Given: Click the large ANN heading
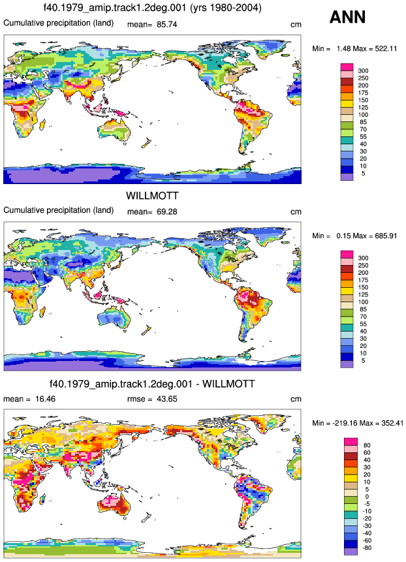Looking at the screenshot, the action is click(347, 17).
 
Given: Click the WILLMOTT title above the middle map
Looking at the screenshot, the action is click(152, 196).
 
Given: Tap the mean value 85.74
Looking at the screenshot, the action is click(167, 24).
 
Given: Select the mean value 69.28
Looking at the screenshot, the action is click(167, 212).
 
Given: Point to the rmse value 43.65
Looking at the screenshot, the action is click(167, 399).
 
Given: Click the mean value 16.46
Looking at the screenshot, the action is click(45, 399).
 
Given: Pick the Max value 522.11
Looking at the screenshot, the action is click(386, 48).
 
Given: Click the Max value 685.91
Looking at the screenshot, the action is click(386, 236).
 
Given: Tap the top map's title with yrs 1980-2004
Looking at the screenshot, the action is click(152, 8).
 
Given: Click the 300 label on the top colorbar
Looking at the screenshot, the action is click(363, 70).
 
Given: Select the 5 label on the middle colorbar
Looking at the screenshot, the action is click(363, 360).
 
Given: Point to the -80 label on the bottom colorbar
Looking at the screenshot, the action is click(367, 548).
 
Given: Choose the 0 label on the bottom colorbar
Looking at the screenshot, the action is click(367, 497).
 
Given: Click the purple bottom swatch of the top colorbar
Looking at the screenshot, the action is click(347, 177).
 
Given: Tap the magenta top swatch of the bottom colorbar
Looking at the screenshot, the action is click(350, 441).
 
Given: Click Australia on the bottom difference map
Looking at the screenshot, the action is click(114, 505).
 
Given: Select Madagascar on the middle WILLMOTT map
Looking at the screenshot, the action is click(42, 309).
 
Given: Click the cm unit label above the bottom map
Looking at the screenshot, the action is click(296, 399).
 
